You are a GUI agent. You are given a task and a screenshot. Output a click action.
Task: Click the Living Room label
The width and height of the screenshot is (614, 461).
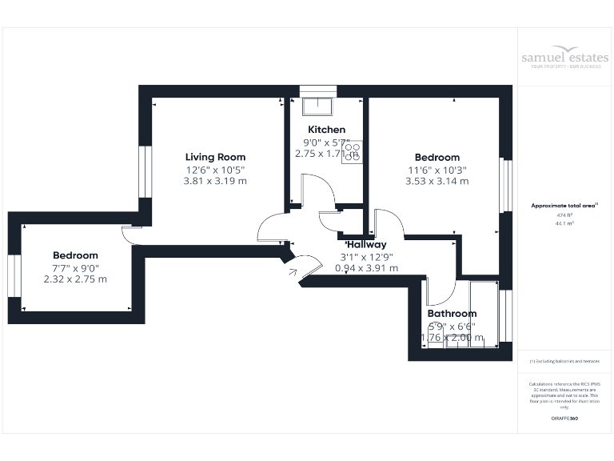215,157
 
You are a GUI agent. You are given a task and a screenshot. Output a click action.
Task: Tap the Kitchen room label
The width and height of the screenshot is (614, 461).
326,130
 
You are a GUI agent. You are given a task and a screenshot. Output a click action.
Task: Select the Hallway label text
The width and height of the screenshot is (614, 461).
366,244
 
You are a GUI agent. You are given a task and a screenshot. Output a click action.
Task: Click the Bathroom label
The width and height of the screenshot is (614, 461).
452,314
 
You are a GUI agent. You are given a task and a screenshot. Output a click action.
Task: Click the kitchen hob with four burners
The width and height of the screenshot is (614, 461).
353,152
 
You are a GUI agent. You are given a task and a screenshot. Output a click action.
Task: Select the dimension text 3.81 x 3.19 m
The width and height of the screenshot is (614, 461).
215,181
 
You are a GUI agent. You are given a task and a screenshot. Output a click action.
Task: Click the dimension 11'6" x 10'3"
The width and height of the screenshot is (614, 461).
437,170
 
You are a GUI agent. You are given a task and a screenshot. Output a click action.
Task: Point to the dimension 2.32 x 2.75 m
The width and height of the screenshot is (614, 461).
75,279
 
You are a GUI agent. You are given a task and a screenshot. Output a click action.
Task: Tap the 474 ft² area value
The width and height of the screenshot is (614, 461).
564,215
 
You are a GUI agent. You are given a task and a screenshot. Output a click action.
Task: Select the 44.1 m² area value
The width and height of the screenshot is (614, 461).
564,224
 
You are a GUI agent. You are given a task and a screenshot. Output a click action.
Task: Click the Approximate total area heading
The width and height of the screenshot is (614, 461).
564,206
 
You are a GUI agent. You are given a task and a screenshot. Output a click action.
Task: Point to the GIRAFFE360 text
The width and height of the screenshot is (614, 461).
564,419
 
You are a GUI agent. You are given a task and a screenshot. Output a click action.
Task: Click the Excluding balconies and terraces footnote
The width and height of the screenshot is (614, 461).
564,362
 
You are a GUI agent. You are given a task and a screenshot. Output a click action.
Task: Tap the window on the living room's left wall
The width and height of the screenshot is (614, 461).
145,170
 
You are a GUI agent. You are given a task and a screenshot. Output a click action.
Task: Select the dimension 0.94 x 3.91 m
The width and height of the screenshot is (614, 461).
366,268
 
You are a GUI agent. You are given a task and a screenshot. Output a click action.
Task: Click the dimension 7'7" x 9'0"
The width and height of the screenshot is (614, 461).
75,267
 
